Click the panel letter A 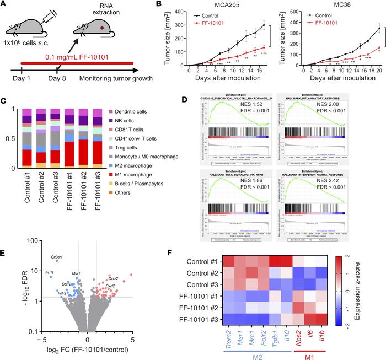(5, 5)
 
